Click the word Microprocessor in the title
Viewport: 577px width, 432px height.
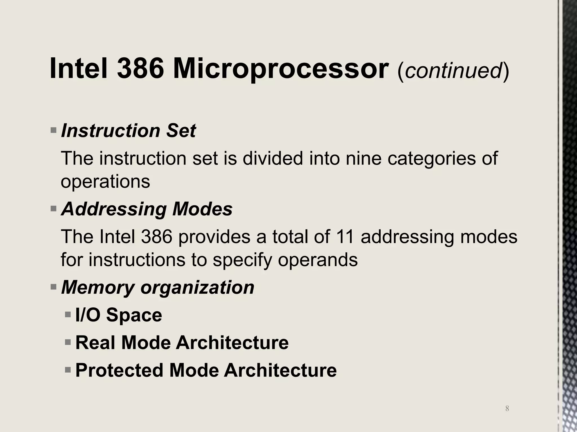pyautogui.click(x=281, y=69)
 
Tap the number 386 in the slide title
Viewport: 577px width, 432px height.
pyautogui.click(x=140, y=69)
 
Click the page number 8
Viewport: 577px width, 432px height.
pyautogui.click(x=507, y=408)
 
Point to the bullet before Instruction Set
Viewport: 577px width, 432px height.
pyautogui.click(x=53, y=130)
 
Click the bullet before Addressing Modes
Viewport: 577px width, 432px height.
pyautogui.click(x=53, y=209)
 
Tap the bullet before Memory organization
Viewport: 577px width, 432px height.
pyautogui.click(x=53, y=287)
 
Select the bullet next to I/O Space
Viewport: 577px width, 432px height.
pyautogui.click(x=68, y=314)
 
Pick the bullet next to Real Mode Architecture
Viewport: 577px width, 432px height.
pyautogui.click(x=68, y=342)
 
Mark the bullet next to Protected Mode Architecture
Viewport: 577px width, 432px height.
pyautogui.click(x=68, y=370)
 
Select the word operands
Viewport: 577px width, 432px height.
pyautogui.click(x=318, y=260)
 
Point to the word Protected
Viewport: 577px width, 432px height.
pyautogui.click(x=119, y=370)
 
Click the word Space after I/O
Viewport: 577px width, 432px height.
pyautogui.click(x=134, y=315)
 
